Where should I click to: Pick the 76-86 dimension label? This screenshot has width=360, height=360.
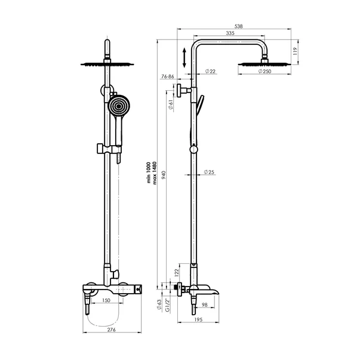tap(167, 77)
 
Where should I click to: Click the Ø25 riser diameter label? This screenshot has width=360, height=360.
tap(209, 172)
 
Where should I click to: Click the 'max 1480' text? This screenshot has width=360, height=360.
tap(155, 174)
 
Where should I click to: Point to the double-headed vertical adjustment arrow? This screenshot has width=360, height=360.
tap(184, 58)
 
